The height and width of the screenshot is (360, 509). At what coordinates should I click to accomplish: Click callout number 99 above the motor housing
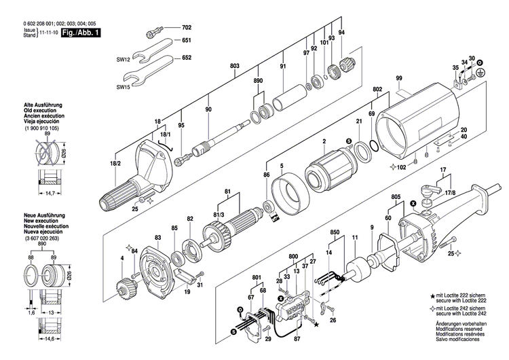click(399, 79)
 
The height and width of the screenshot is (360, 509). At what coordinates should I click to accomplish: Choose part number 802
click(377, 89)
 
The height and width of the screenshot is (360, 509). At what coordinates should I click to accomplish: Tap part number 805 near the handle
click(396, 197)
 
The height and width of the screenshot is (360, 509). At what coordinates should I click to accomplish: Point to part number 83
click(157, 237)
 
